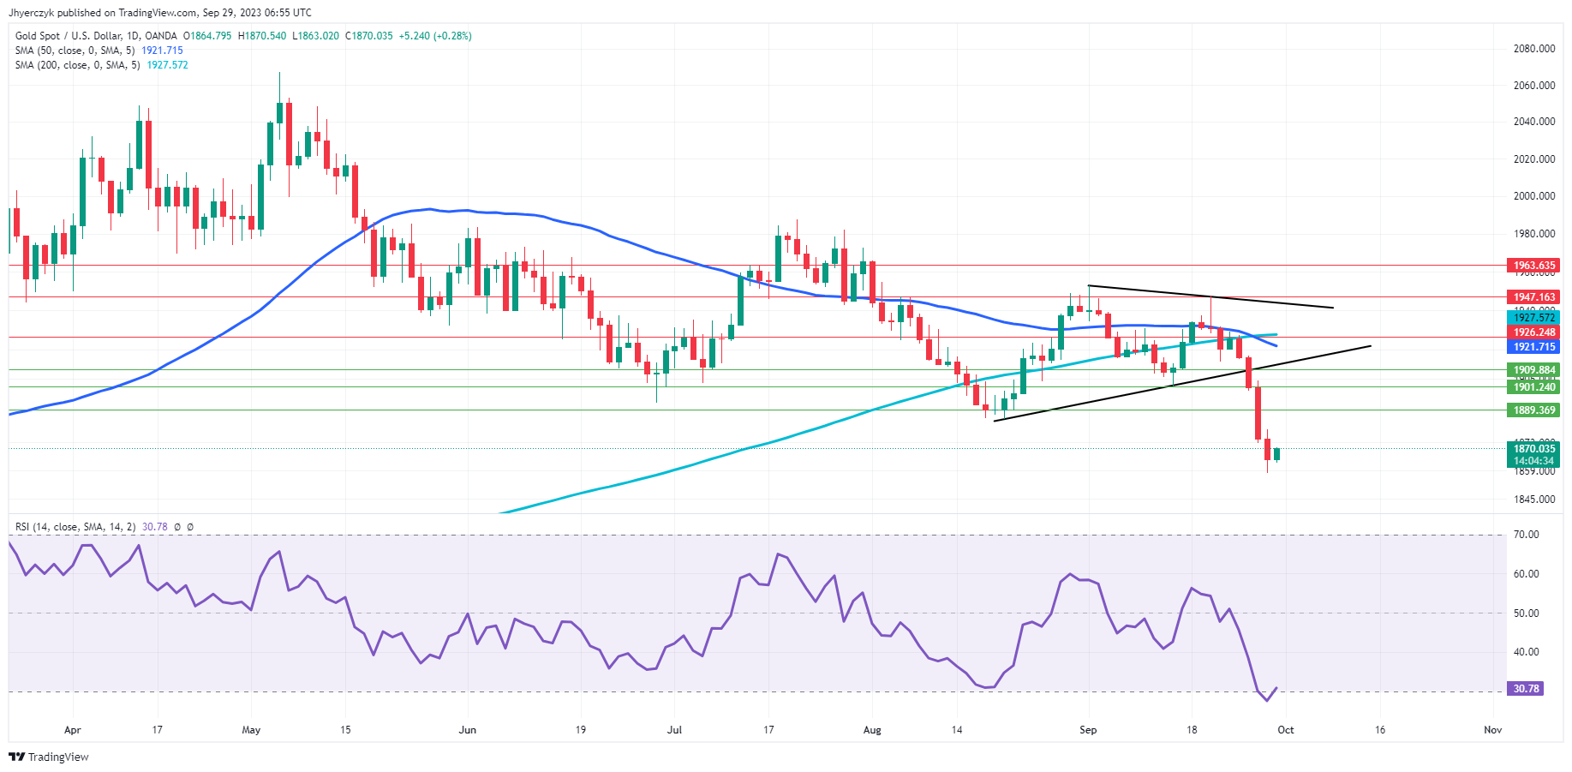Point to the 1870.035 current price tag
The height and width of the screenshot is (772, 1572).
(1533, 449)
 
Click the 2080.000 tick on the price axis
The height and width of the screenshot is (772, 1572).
(1533, 49)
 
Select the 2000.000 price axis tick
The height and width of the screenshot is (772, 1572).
(1533, 196)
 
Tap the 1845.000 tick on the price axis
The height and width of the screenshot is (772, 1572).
(1533, 500)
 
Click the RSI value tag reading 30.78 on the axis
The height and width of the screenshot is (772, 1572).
(1526, 689)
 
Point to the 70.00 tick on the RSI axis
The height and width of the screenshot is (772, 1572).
(1526, 535)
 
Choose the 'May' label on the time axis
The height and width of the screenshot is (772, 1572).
(251, 730)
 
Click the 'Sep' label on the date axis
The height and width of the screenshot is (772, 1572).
(1088, 730)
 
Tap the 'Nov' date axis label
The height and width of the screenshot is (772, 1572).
(1493, 730)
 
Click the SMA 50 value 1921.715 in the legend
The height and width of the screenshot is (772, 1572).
(162, 51)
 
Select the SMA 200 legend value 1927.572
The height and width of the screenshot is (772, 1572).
(167, 65)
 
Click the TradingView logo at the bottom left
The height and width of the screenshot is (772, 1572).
(49, 757)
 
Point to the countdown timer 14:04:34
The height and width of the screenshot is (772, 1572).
(1533, 461)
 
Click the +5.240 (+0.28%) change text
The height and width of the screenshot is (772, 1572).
(435, 36)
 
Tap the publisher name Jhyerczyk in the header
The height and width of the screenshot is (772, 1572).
(31, 13)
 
